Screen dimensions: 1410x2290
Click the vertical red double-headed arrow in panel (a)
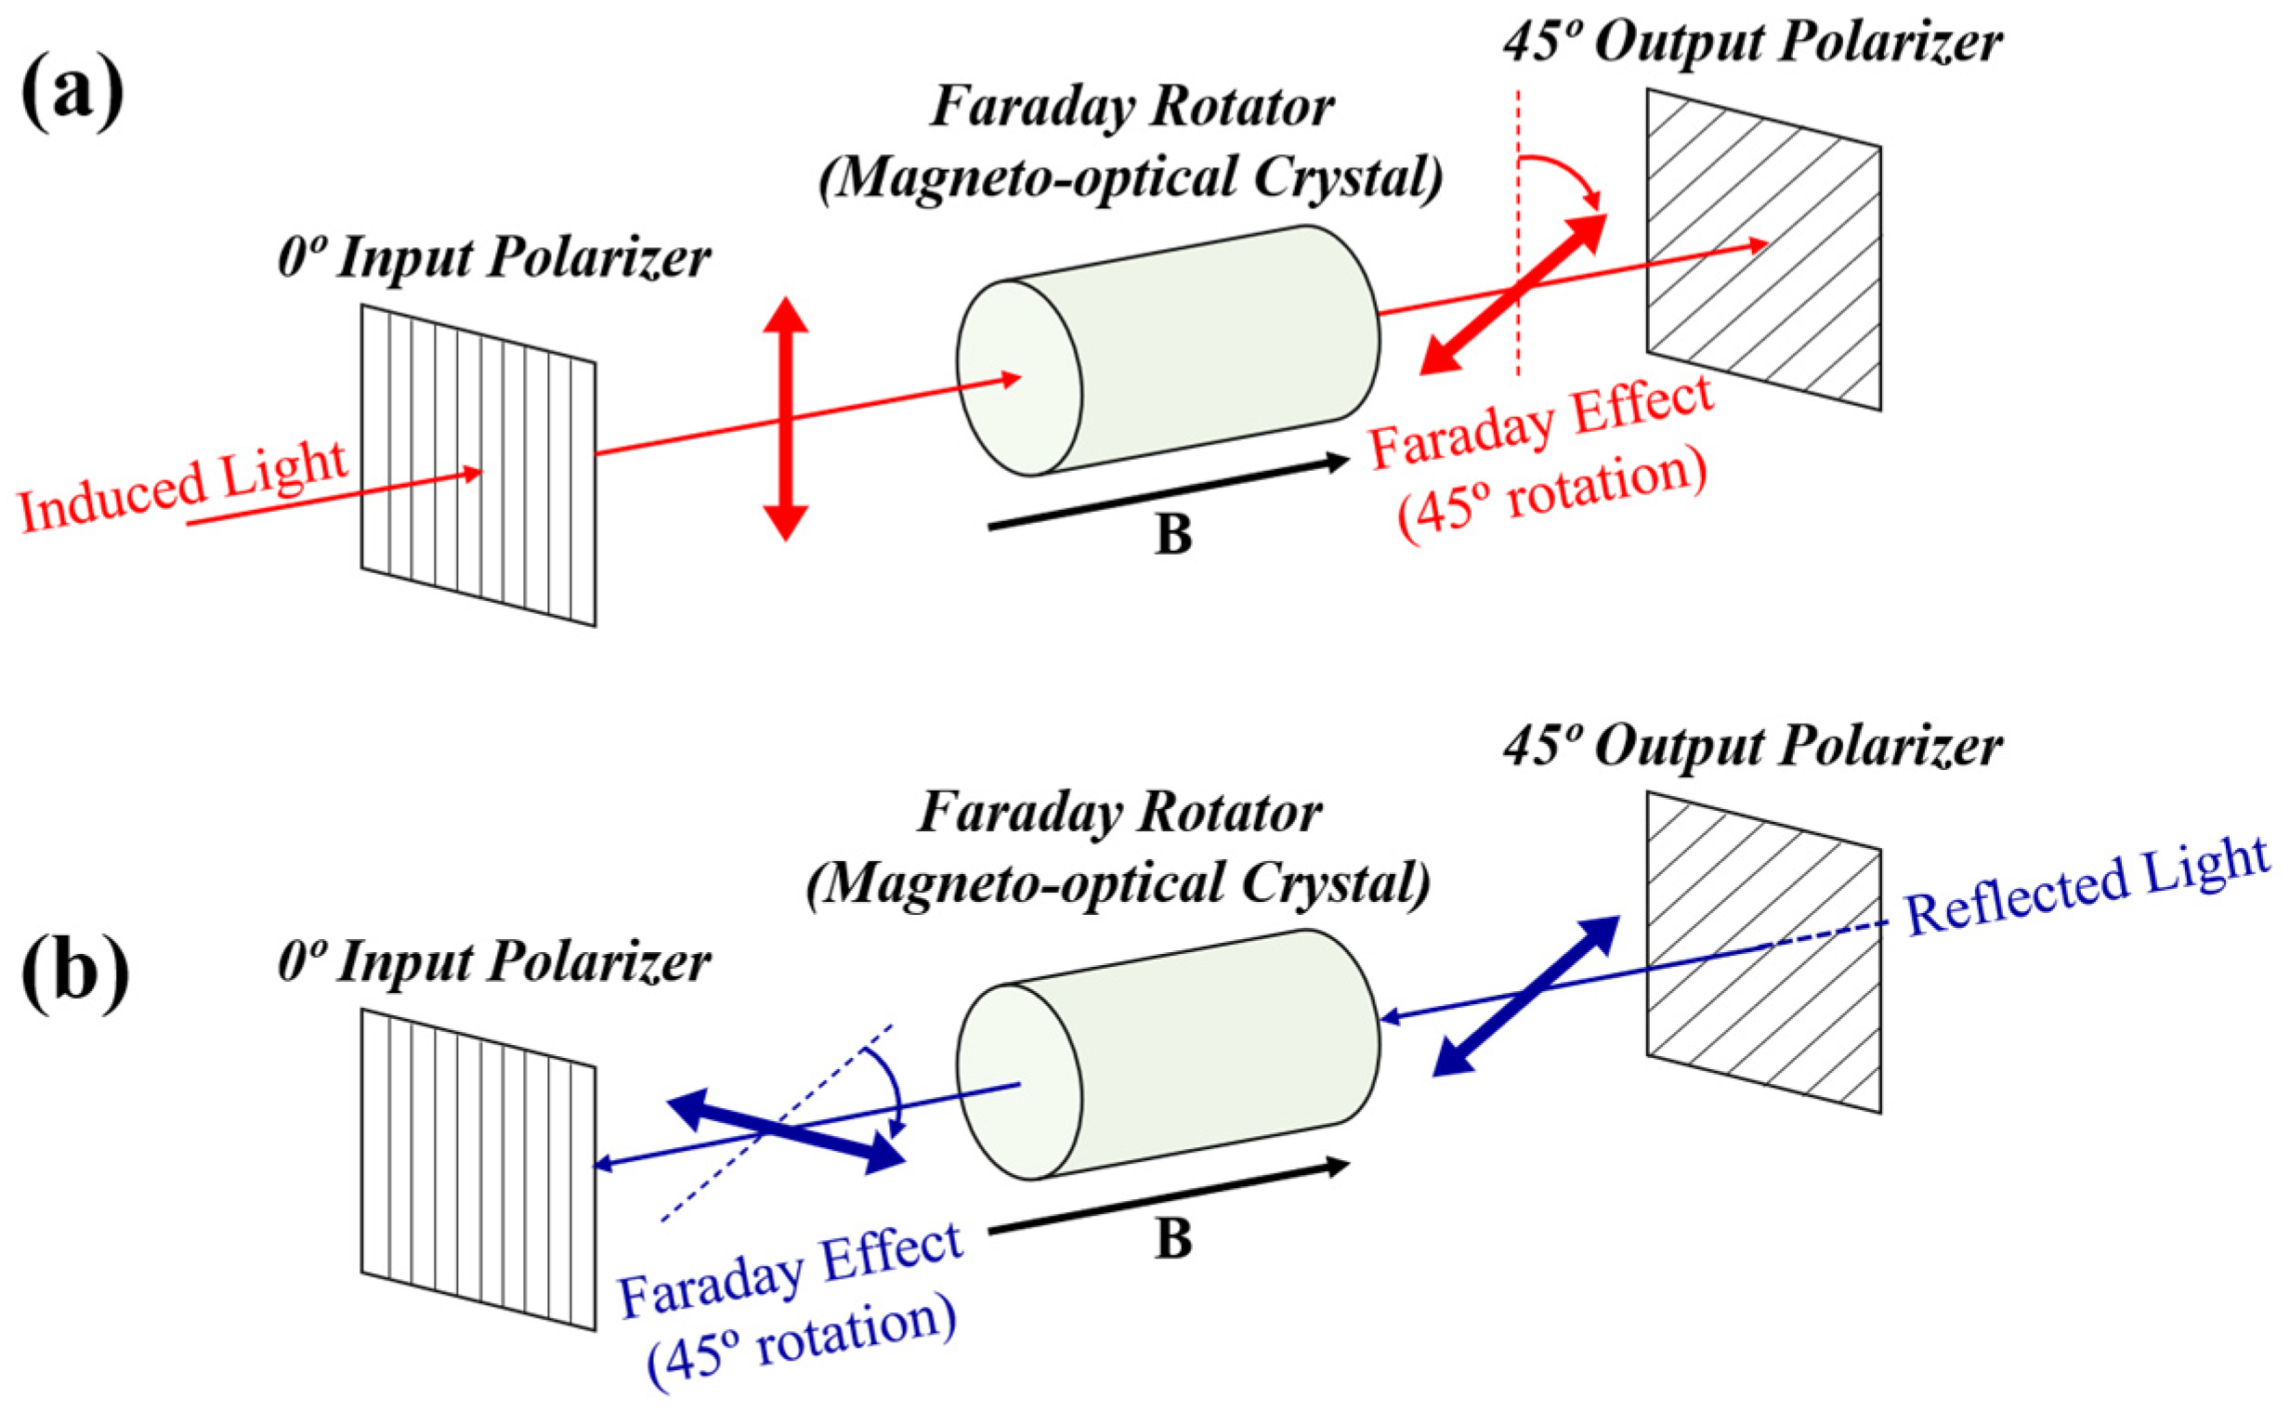point(786,419)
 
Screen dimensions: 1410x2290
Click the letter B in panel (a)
point(1173,535)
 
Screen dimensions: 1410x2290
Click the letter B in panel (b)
point(1173,1239)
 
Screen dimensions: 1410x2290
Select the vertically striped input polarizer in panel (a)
point(478,464)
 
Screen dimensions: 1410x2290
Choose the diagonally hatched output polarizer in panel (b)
point(1762,951)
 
